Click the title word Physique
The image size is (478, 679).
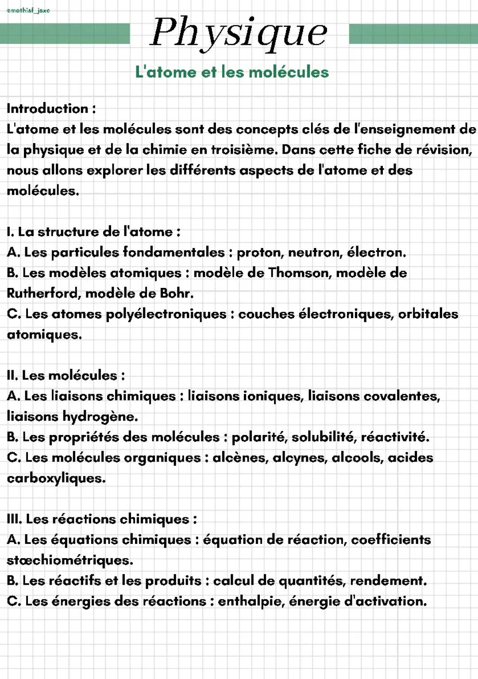click(239, 33)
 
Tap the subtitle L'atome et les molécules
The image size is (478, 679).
click(232, 72)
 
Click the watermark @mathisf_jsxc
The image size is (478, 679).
click(28, 10)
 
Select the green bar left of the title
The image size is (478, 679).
click(65, 34)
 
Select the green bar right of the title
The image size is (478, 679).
click(413, 34)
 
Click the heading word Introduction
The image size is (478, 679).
click(48, 109)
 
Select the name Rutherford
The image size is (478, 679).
click(43, 293)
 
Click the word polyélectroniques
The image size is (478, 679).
click(166, 314)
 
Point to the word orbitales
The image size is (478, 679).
click(428, 314)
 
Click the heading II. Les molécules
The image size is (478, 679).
click(66, 376)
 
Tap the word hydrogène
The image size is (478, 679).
click(100, 417)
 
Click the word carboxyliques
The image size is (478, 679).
click(56, 478)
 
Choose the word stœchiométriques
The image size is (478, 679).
click(69, 560)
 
